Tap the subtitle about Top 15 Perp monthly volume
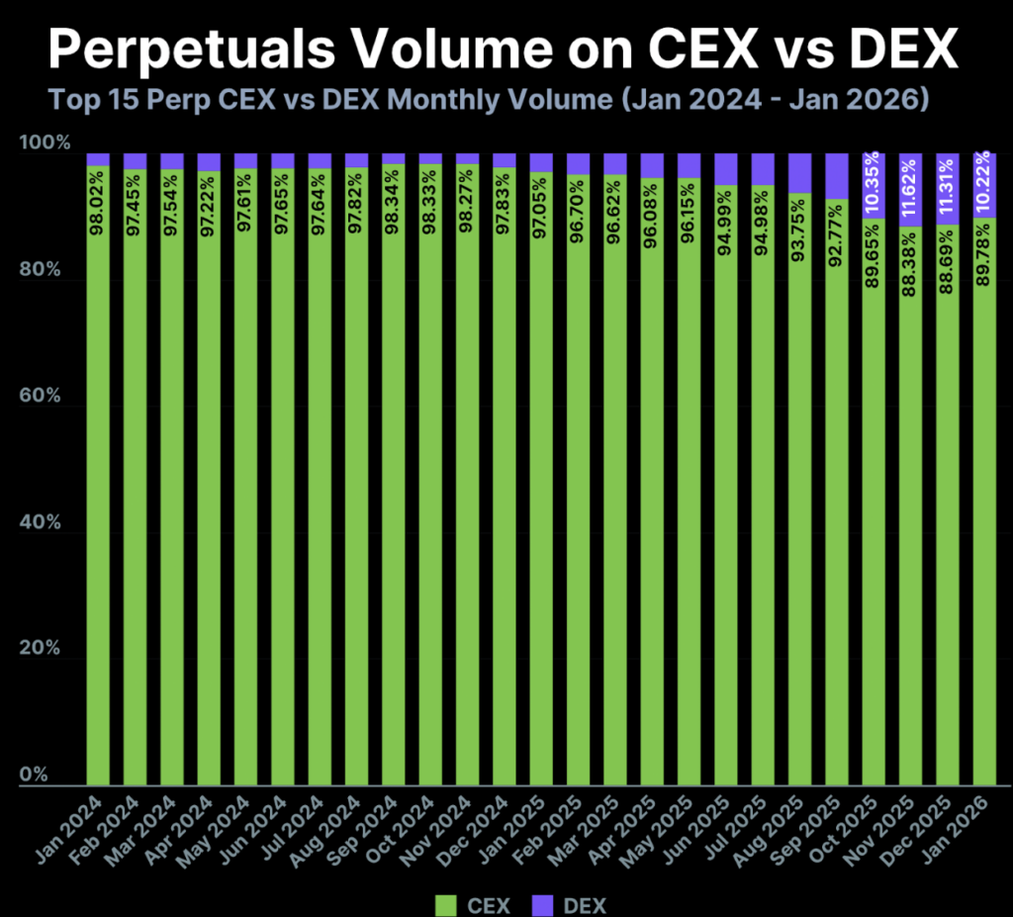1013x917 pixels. [487, 101]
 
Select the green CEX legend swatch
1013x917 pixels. [444, 903]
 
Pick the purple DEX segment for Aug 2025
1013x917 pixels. [799, 173]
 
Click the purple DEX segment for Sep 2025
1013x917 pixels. [837, 176]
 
